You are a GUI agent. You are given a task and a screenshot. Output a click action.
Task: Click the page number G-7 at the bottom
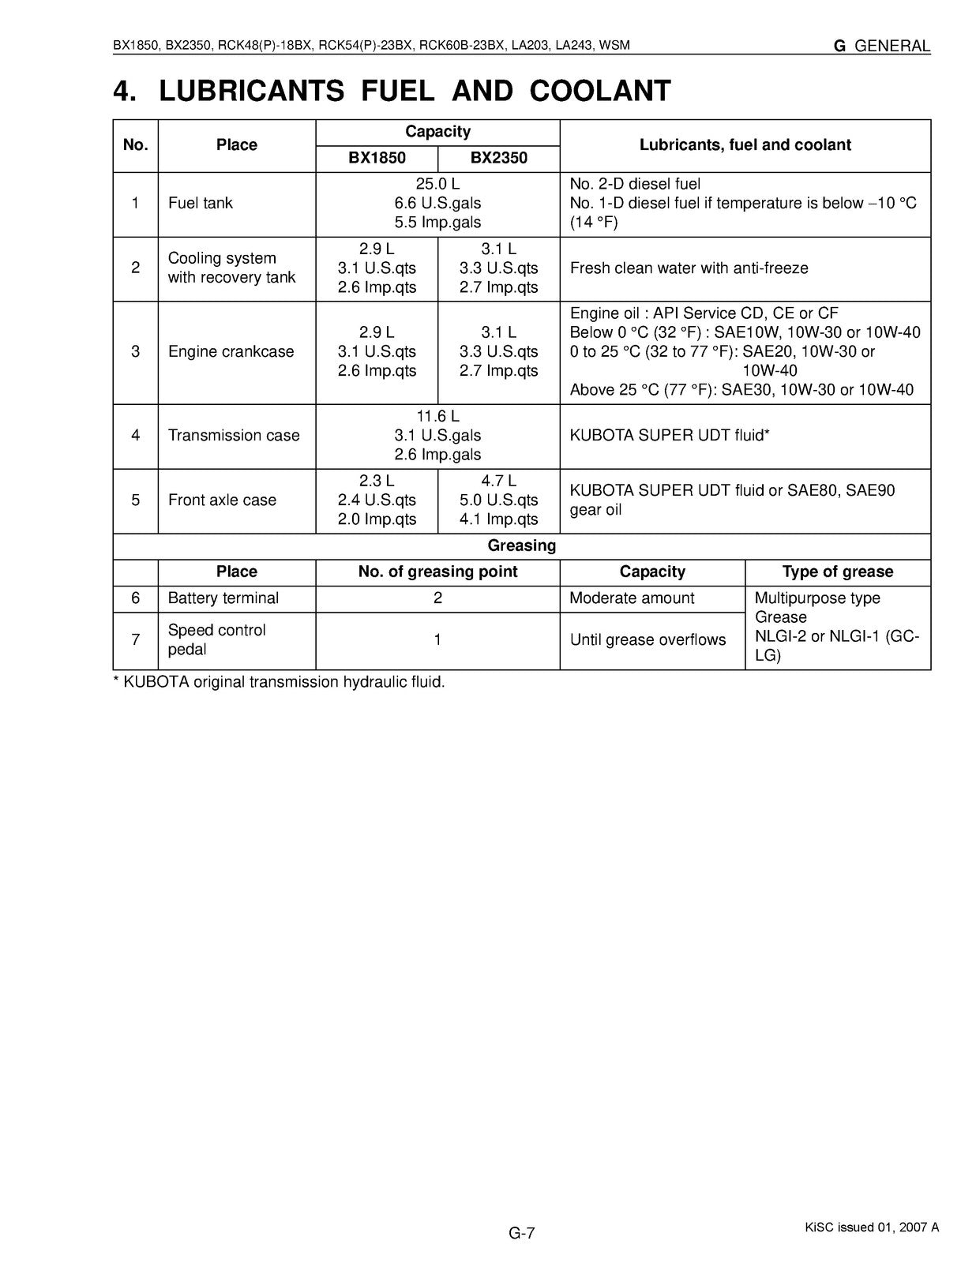point(521,1233)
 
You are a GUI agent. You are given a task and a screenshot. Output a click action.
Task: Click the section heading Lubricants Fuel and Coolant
point(392,92)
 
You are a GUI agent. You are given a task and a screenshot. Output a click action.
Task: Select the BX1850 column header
point(377,158)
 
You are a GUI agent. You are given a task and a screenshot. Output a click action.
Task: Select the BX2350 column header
point(498,158)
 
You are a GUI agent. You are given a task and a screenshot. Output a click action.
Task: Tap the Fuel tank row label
point(201,203)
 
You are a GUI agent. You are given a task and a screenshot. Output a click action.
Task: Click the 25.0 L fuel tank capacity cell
point(437,184)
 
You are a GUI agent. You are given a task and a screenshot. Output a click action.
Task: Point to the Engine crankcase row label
point(231,351)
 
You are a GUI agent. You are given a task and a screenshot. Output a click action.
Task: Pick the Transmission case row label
point(234,435)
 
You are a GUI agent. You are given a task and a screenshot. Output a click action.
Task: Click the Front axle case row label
point(222,500)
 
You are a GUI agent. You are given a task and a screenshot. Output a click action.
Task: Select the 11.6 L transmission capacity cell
point(437,416)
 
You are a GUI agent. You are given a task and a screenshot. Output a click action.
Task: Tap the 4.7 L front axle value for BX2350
point(498,481)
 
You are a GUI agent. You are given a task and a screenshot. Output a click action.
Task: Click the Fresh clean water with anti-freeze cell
point(689,268)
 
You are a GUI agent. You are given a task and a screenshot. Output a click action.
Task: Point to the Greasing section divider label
point(521,545)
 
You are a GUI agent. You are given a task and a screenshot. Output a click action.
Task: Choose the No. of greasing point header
point(437,572)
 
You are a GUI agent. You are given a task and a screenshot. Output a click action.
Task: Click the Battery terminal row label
point(223,598)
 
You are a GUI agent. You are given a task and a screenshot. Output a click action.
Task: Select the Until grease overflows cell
point(648,640)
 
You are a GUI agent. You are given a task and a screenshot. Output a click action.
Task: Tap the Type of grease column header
point(837,572)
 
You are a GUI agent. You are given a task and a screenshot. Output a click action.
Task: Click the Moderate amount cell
point(632,598)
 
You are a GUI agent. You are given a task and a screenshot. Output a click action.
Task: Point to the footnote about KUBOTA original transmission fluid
point(280,682)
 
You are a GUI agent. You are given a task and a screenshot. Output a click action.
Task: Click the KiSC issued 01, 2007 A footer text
point(872,1227)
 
